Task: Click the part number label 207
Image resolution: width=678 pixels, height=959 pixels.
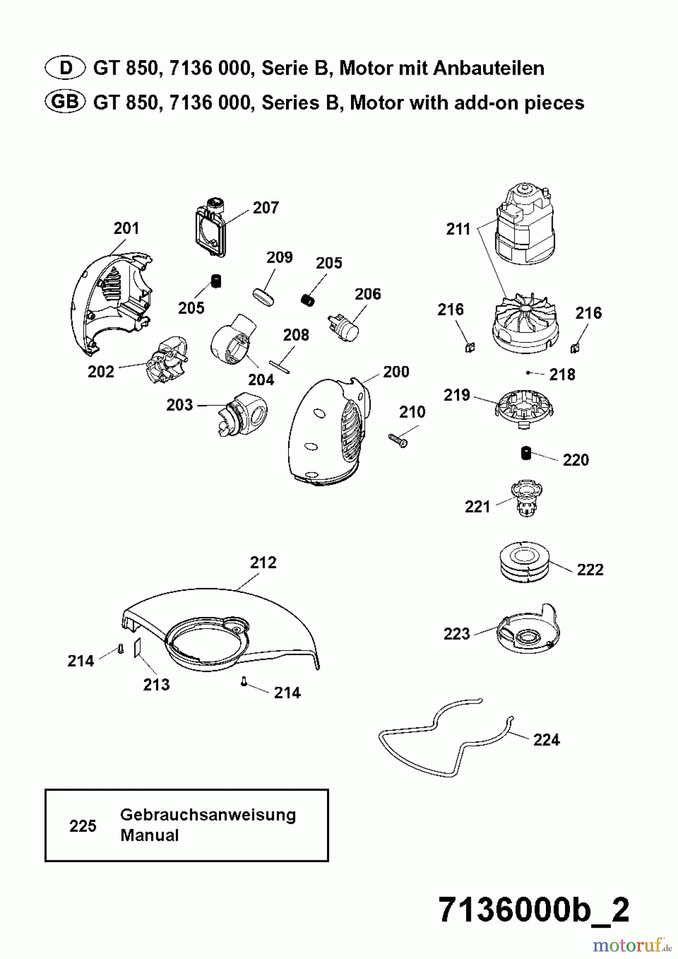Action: (x=266, y=207)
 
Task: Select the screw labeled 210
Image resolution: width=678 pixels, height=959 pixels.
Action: (x=396, y=439)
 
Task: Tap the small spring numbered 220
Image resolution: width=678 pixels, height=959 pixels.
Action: (x=526, y=453)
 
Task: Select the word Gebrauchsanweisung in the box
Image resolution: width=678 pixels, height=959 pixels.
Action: (x=208, y=815)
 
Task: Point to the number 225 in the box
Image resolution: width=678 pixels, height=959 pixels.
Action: (x=83, y=826)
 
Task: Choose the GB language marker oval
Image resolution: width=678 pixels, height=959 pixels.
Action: (x=65, y=102)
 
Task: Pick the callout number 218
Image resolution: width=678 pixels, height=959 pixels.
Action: (x=562, y=375)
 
